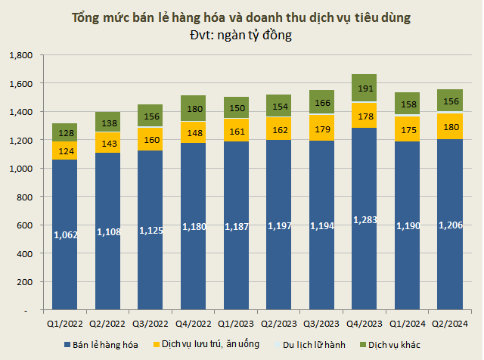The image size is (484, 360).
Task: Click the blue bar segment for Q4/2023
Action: coord(365,257)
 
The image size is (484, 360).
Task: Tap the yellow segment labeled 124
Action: coord(65,151)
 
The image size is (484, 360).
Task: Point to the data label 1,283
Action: coord(365,220)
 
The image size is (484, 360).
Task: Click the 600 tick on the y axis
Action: coord(25,225)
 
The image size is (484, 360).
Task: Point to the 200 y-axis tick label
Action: coord(25,282)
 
